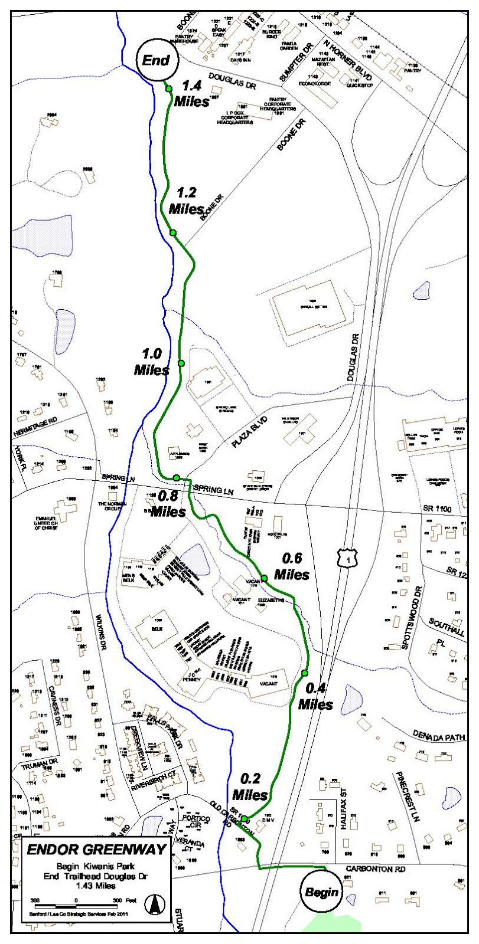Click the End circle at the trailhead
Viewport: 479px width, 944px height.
156,60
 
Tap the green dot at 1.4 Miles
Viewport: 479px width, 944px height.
169,89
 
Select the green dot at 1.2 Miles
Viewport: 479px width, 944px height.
173,233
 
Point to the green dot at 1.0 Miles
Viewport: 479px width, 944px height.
181,363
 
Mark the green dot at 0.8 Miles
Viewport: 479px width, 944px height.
177,477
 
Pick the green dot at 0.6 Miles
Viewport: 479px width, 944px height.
265,578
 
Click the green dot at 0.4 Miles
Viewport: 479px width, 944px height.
305,673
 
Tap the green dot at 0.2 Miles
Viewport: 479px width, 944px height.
244,818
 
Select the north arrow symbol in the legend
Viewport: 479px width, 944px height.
156,903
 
